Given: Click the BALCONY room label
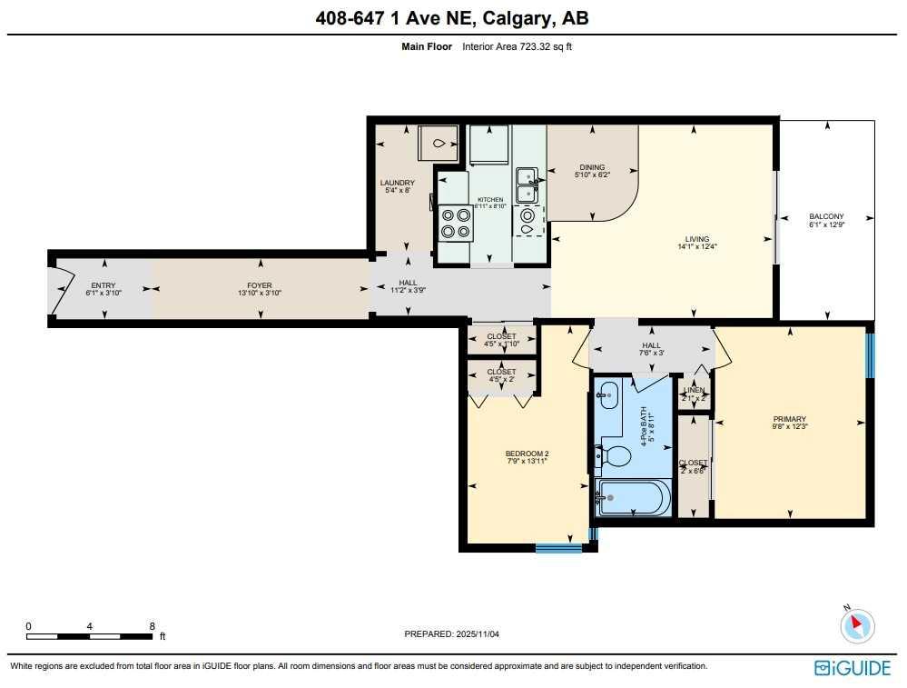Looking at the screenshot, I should (826, 216).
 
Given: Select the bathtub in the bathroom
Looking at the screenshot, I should (634, 497).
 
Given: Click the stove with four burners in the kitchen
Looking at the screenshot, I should (456, 223).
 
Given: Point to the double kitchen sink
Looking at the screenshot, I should (527, 184).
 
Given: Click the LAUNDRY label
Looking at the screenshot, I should (398, 183).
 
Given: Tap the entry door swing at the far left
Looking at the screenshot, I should (60, 288).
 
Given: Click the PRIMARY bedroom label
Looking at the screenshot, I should (789, 419).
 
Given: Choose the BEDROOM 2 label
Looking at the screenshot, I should (527, 454).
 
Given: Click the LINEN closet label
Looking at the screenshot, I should (694, 390).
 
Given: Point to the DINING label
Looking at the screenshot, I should (592, 167).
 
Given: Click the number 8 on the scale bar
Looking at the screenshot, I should (152, 626).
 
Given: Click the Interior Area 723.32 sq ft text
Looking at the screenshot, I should (517, 46).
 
